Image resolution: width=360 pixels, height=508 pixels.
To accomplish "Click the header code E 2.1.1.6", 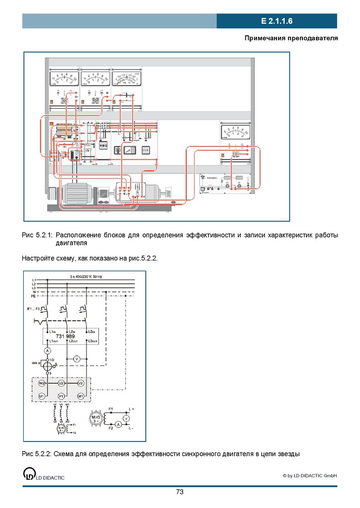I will (277, 21).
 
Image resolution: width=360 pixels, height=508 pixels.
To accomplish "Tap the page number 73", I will (180, 492).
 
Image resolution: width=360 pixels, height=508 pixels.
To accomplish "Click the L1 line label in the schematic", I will (34, 280).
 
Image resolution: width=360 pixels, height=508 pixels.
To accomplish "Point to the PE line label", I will (34, 296).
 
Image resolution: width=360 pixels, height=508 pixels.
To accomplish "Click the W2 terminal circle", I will (42, 383).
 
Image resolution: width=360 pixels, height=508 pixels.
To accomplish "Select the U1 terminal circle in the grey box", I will (42, 396).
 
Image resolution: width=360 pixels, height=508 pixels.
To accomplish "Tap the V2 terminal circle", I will (80, 383).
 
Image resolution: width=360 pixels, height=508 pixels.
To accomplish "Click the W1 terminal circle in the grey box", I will (80, 396).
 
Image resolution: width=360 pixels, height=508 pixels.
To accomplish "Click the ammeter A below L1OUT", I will (47, 351).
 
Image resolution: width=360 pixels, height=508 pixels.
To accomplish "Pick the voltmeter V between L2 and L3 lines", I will (77, 358).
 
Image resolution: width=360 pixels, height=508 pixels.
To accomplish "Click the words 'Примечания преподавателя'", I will (291, 38).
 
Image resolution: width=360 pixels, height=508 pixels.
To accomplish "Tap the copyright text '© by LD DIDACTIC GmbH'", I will (309, 476).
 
